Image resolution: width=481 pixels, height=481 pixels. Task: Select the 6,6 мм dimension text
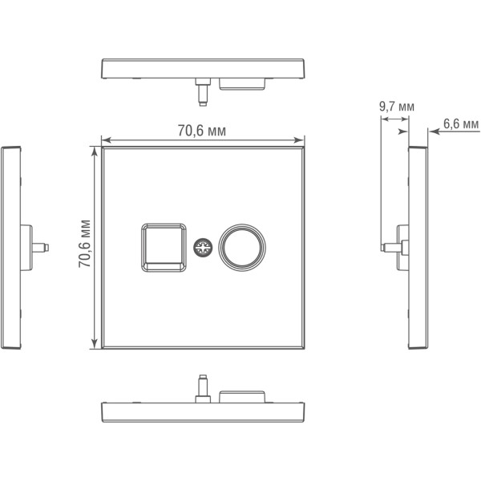tap(460, 124)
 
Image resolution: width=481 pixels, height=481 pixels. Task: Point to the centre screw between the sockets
tap(202, 247)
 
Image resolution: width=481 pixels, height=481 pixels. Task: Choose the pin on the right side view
tap(390, 246)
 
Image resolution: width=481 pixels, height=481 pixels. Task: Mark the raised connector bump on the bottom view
tap(242, 394)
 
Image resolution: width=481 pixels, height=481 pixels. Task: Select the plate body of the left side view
tap(11, 249)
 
